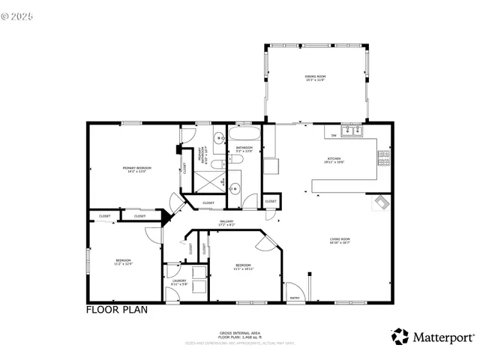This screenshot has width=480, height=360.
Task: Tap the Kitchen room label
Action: (334, 159)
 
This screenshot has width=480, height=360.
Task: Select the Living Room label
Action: (340, 240)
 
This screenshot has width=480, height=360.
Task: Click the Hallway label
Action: (227, 221)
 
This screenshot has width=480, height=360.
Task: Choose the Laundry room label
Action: (179, 281)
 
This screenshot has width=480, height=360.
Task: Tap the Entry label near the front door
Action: (294, 298)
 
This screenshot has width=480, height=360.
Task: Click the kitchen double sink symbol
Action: (352, 132)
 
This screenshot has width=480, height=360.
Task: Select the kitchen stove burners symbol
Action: (383, 157)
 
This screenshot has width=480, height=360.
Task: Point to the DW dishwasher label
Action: (334, 136)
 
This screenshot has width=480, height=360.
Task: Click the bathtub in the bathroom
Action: (244, 136)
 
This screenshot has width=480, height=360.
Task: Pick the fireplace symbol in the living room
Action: (380, 202)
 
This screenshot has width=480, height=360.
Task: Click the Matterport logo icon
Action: (400, 337)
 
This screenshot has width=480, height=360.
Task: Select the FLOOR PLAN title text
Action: (116, 309)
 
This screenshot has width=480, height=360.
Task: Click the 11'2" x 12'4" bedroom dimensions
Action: (123, 263)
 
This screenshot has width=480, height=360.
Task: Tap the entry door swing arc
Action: (295, 288)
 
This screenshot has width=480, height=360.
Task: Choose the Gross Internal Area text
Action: (240, 331)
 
